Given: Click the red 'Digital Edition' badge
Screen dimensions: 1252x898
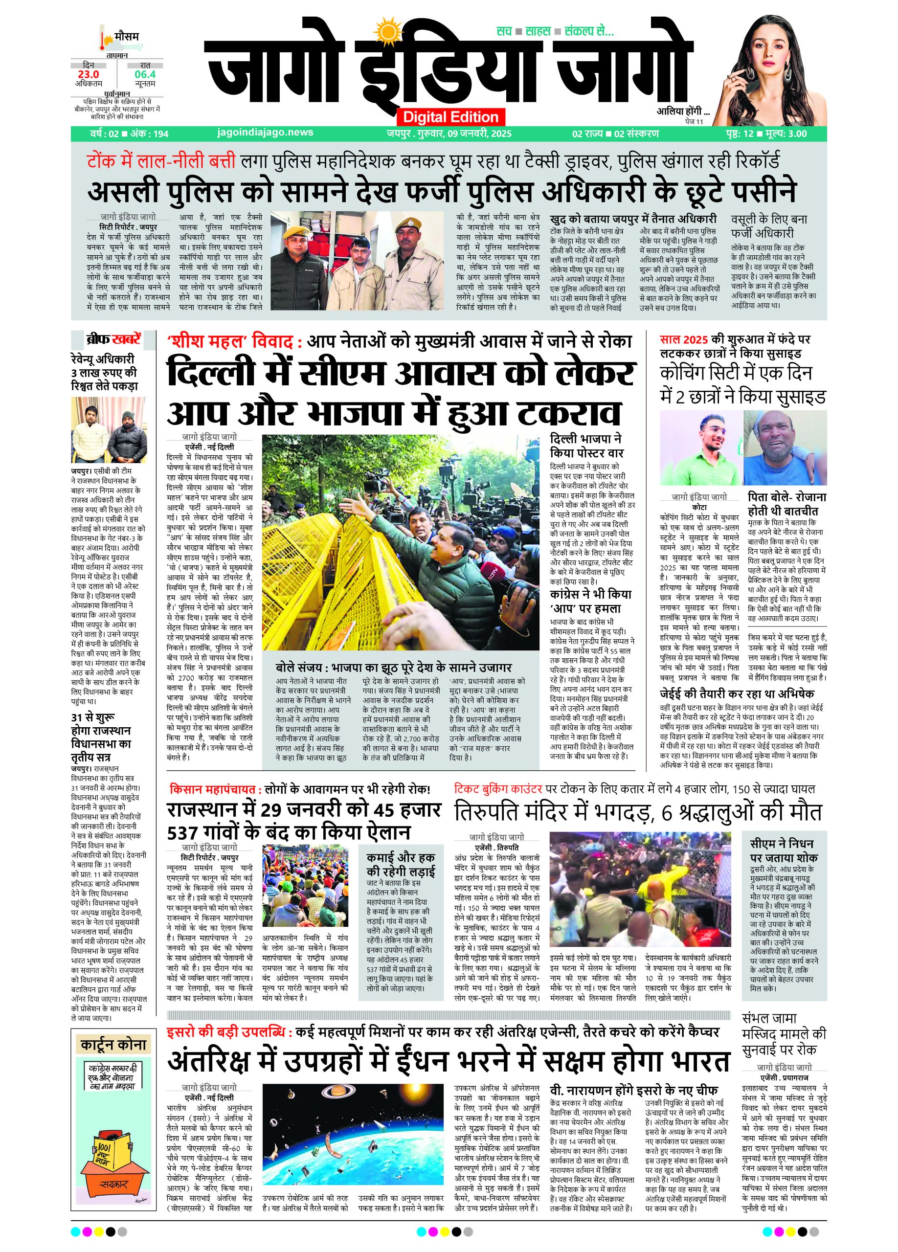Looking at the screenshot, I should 450,117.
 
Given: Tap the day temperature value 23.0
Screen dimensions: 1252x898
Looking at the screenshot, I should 89,74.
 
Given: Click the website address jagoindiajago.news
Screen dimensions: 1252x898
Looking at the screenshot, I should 266,133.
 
